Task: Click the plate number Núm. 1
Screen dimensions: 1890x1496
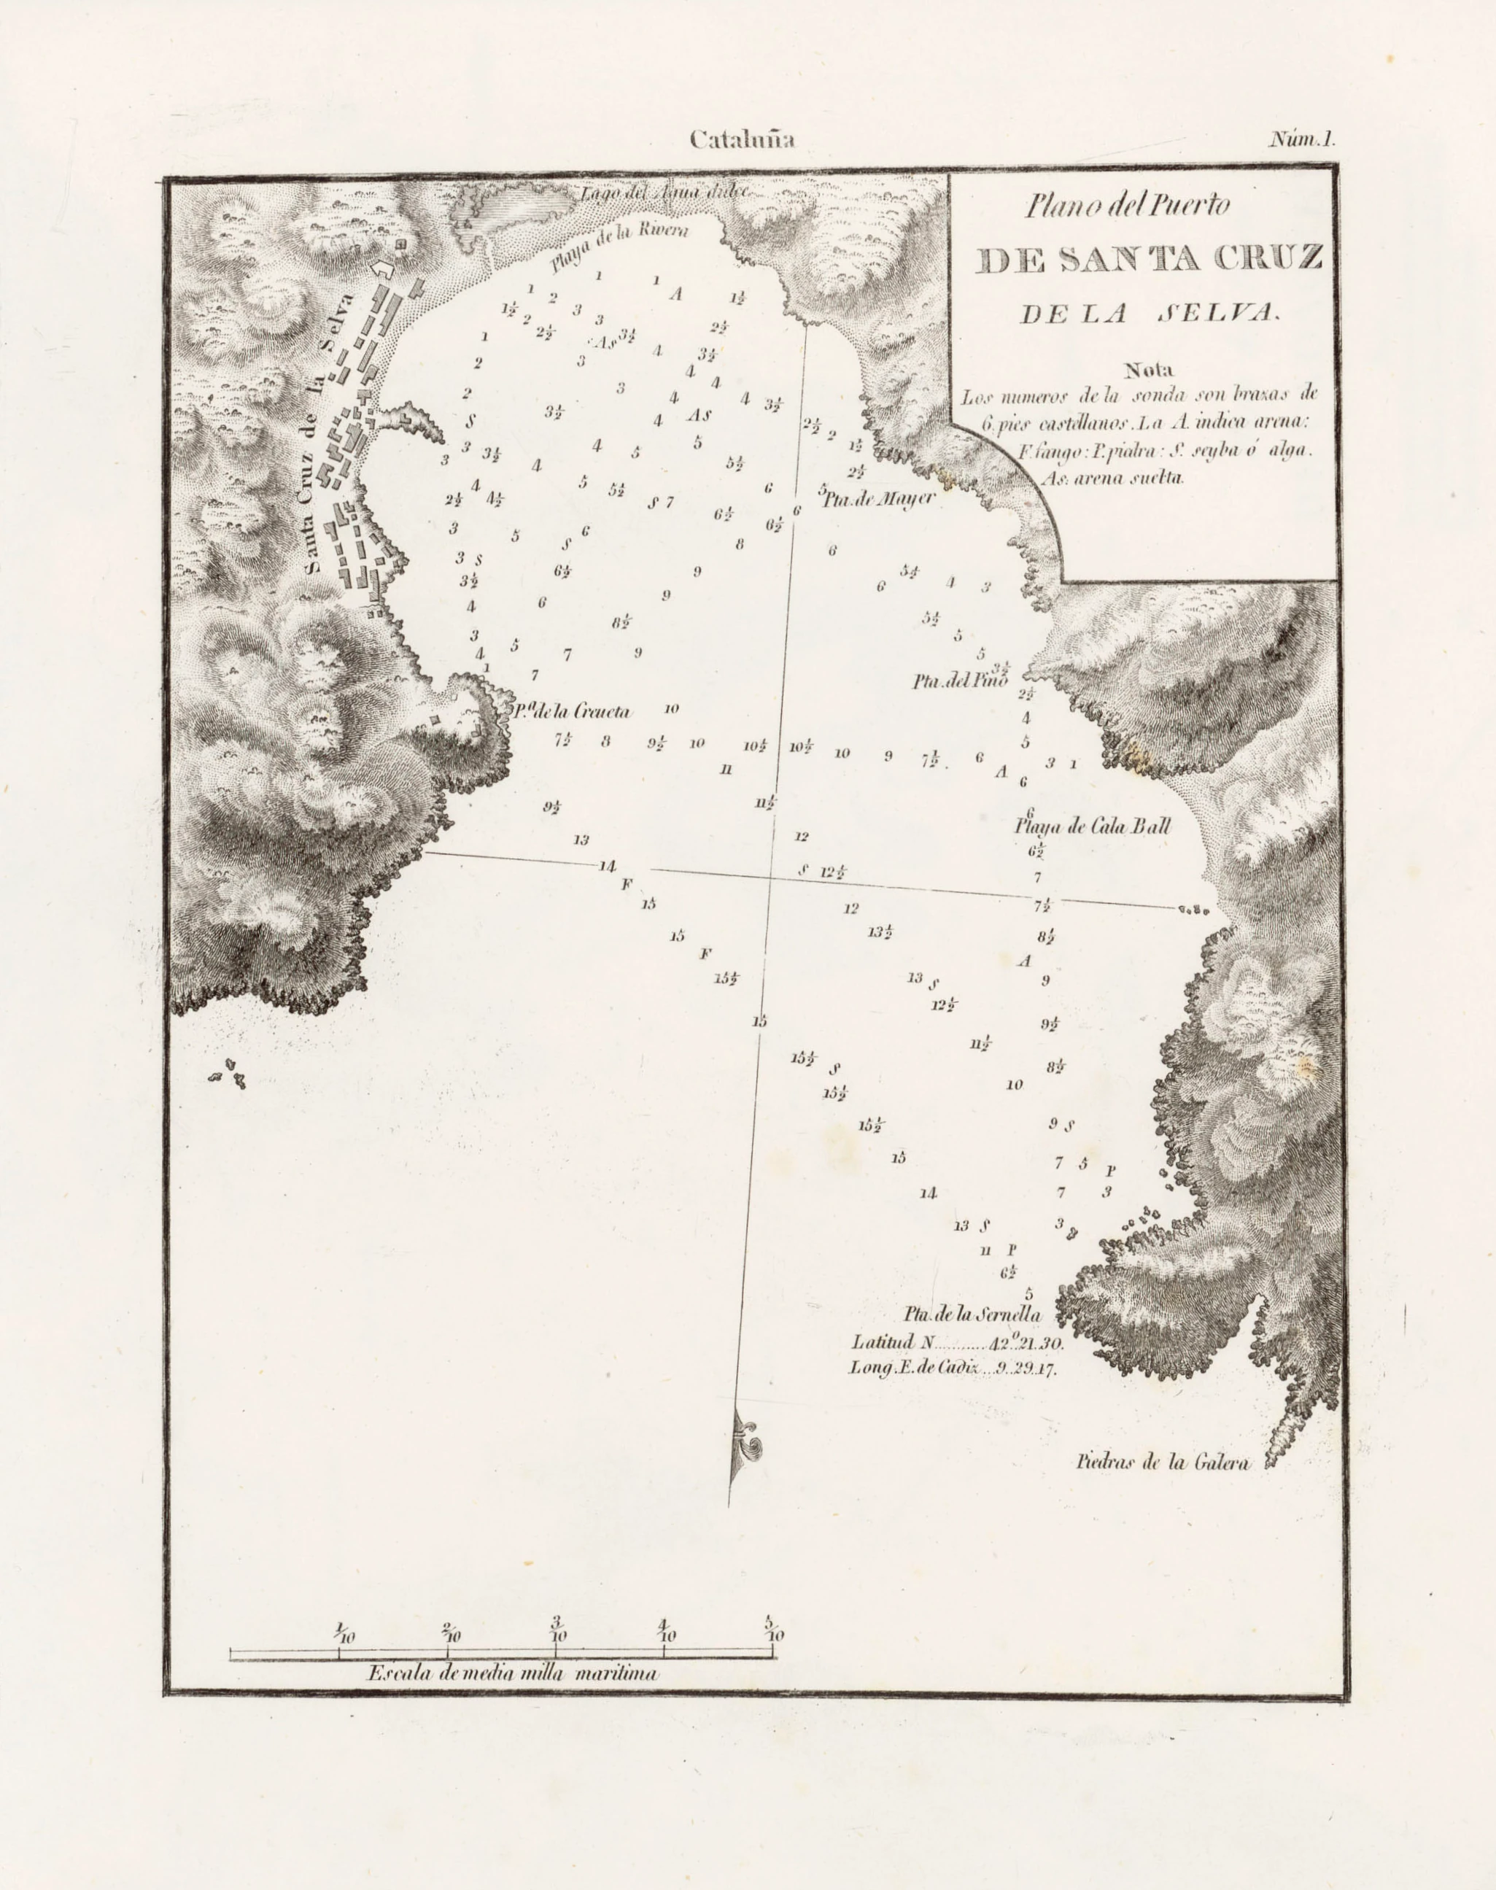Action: pyautogui.click(x=1303, y=139)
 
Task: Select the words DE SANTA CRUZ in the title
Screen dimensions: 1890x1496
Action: pyautogui.click(x=1148, y=259)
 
